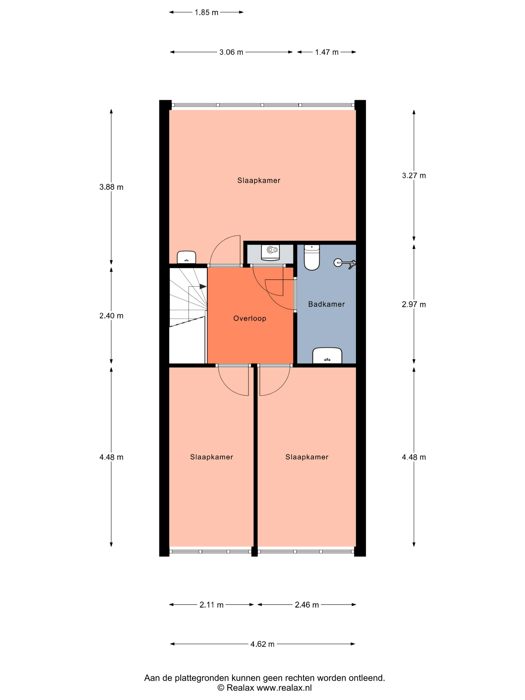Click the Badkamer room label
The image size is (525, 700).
pos(326,304)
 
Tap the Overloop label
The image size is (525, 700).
pos(250,318)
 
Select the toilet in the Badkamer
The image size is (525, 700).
pos(312,257)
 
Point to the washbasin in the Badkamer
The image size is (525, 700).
pos(327,355)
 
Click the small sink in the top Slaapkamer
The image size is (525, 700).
pos(186,257)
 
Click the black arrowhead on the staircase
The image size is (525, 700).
pos(203,287)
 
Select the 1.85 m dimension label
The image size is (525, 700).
pos(206,12)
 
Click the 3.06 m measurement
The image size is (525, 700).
pos(231,52)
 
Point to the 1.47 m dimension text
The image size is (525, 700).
pos(326,52)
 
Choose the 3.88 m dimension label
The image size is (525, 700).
pos(111,187)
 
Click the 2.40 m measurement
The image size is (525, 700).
pos(111,316)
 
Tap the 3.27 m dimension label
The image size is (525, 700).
pos(414,176)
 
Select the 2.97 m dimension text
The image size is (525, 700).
pos(414,304)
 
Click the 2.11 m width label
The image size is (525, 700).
pos(211,605)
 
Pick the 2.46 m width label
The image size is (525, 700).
pos(307,605)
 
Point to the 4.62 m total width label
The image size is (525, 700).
pos(262,644)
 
